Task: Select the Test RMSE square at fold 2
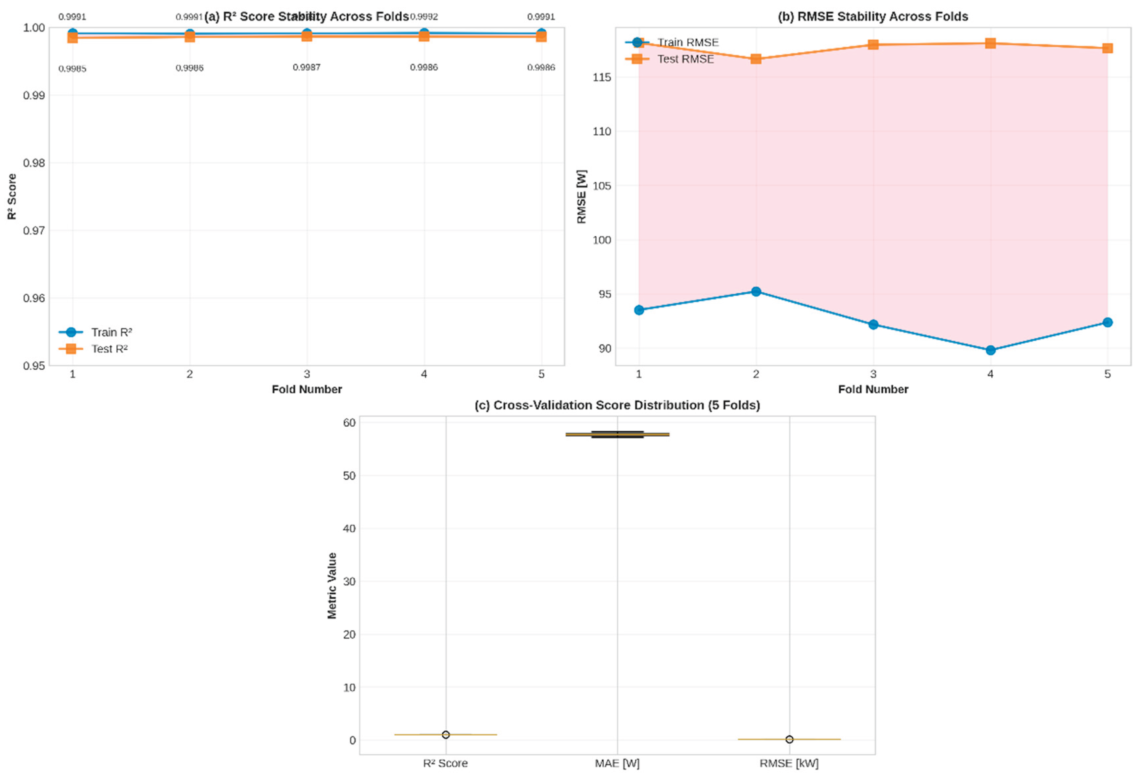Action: tap(756, 59)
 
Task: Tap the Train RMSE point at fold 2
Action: tap(756, 292)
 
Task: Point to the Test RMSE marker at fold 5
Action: tap(1107, 48)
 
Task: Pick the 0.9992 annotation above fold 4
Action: tap(424, 17)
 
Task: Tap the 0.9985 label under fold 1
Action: tap(72, 69)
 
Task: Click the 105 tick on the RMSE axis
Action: tap(602, 185)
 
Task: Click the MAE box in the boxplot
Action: tap(617, 434)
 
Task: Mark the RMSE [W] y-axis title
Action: tap(581, 196)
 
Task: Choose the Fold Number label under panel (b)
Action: tap(872, 389)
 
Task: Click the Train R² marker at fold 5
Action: tap(541, 33)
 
